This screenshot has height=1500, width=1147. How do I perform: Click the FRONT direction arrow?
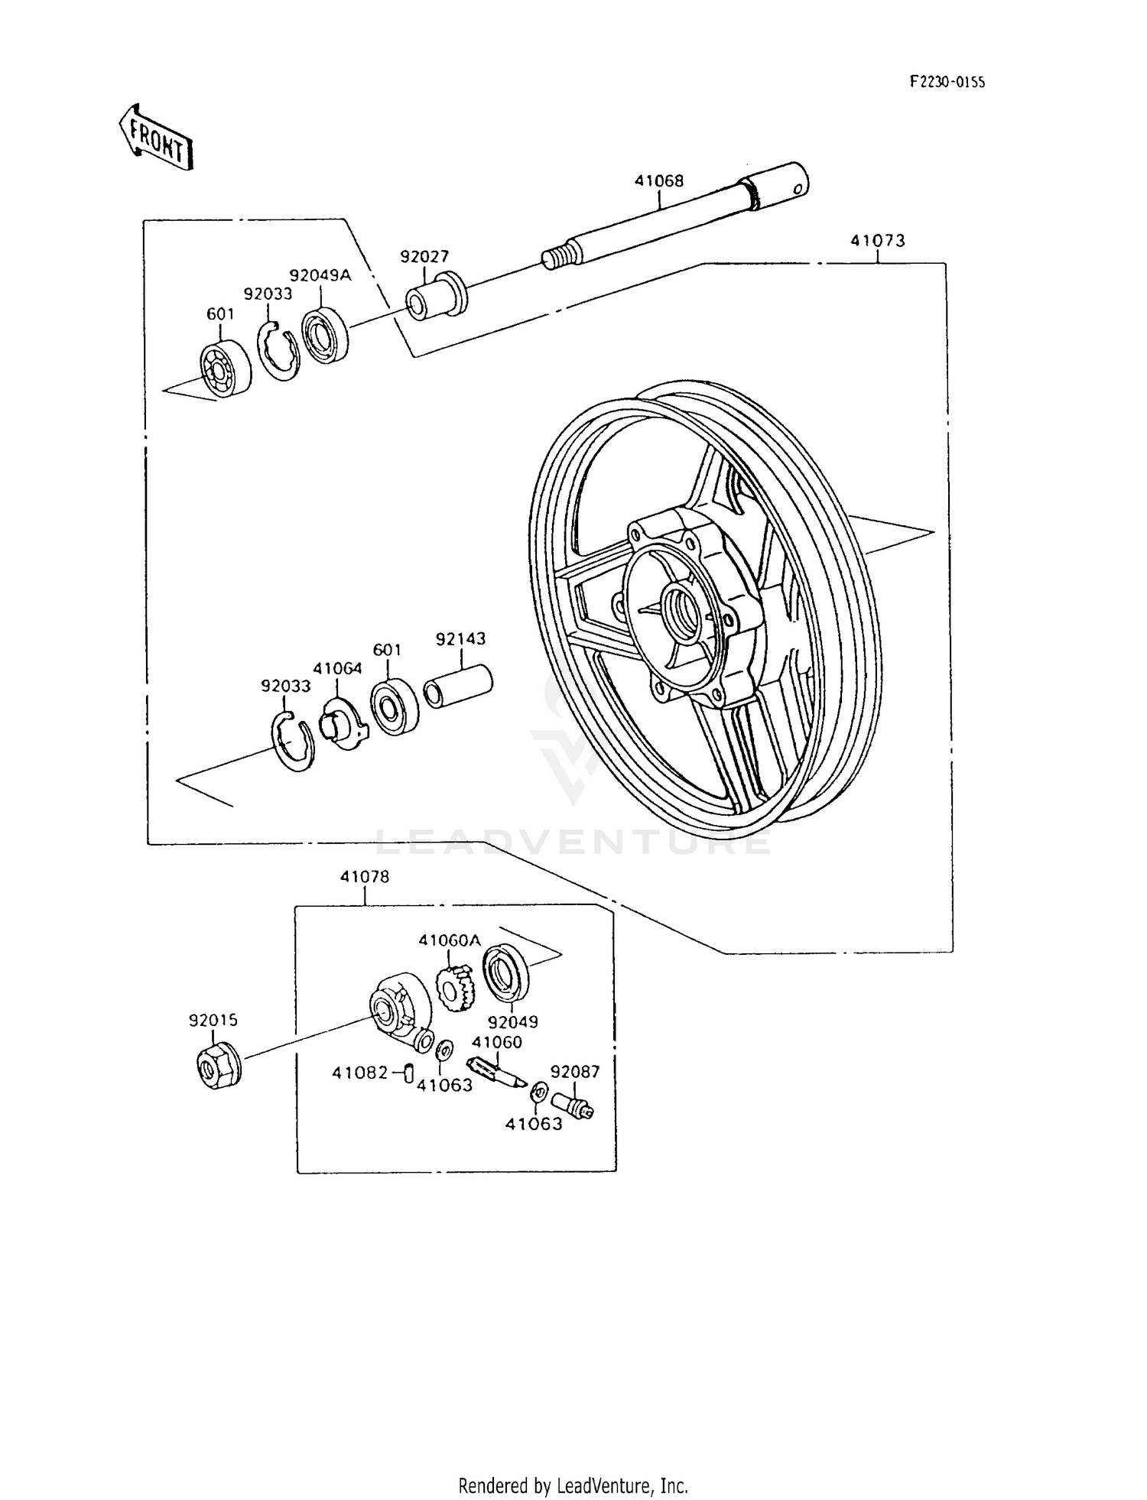[x=155, y=138]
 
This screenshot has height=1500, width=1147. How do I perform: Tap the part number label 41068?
[x=658, y=181]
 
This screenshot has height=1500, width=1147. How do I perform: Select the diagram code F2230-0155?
[x=947, y=82]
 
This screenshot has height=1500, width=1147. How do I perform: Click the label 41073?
[x=877, y=241]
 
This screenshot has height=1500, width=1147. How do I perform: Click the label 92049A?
[x=320, y=275]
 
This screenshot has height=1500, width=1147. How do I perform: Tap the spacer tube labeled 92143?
[x=458, y=686]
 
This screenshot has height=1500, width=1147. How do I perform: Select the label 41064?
[x=337, y=668]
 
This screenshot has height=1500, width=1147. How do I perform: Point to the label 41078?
[x=365, y=877]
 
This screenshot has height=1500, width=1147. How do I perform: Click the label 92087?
[x=575, y=1072]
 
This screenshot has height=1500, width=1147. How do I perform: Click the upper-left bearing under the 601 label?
[x=225, y=369]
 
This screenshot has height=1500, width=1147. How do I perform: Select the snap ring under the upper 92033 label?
[x=278, y=351]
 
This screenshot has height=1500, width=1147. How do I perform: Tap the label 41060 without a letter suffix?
[x=497, y=1042]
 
